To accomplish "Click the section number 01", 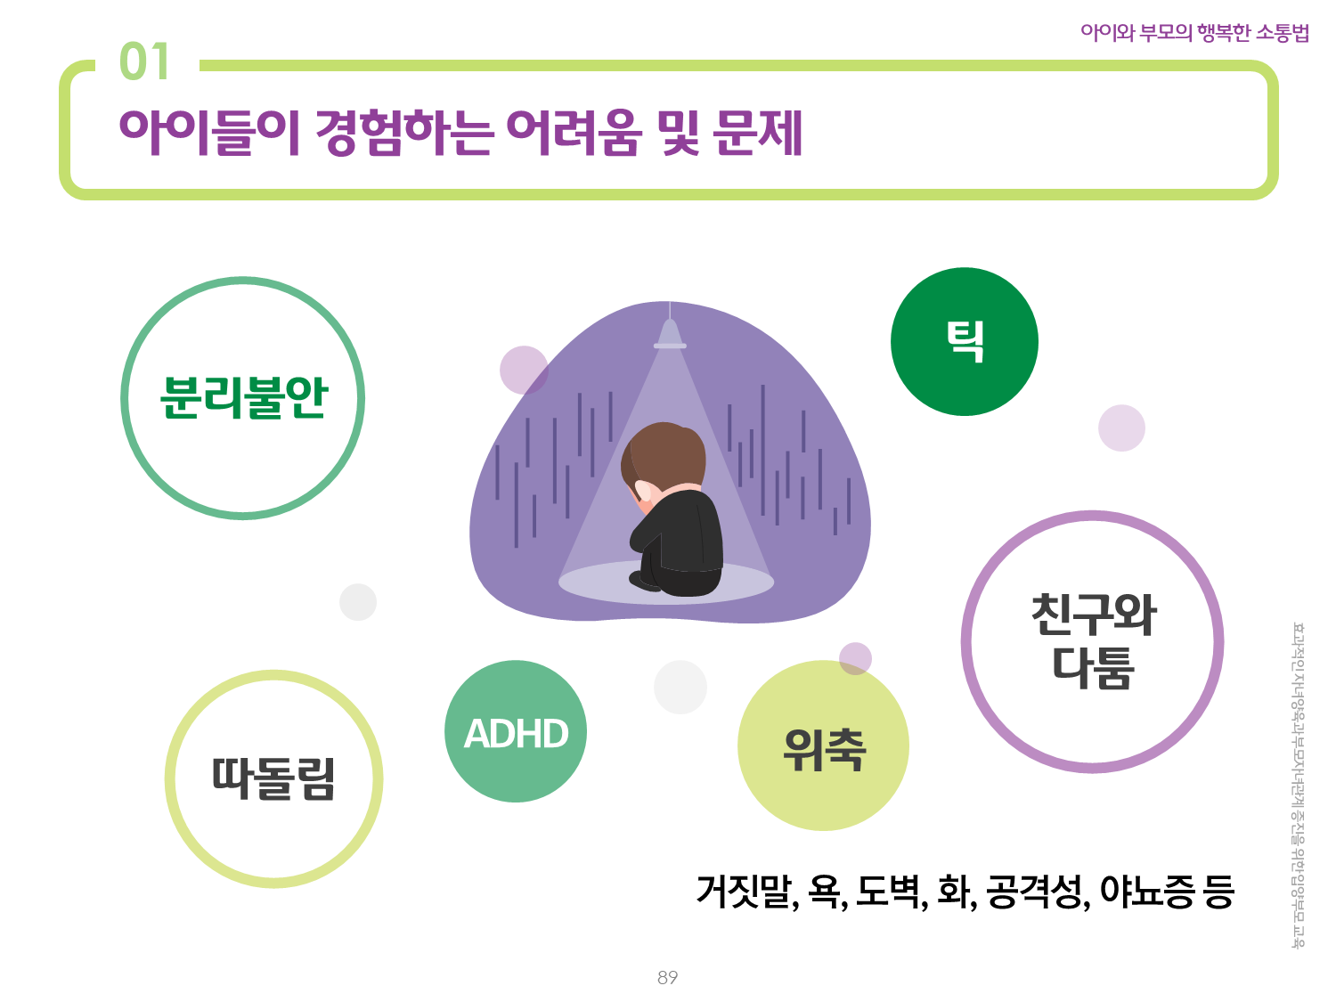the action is (143, 61).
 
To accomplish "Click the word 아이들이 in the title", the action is (209, 132).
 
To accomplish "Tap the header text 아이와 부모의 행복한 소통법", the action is (1194, 32).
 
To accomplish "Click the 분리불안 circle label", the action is (243, 398).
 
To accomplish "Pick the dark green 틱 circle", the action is (964, 341).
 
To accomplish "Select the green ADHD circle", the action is (516, 731).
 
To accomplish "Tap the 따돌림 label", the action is (273, 778).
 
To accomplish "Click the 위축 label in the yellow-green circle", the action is (824, 751).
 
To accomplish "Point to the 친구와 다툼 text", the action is (1093, 641).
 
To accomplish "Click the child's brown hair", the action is (664, 454).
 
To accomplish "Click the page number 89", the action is (668, 977).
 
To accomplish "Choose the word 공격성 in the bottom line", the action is (1037, 892).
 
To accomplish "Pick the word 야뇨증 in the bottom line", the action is (1146, 892).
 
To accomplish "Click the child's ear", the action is (643, 491).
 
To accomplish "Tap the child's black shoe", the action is (645, 581).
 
